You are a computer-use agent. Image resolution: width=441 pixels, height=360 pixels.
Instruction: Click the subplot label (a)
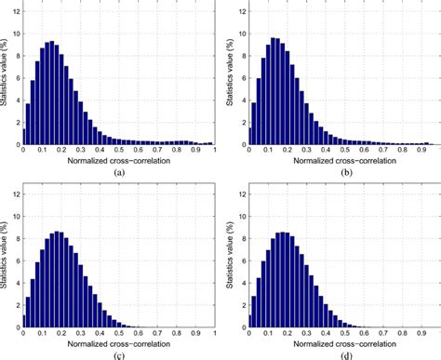tap(118, 173)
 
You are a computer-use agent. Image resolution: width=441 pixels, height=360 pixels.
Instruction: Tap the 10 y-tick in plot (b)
tap(241, 34)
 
